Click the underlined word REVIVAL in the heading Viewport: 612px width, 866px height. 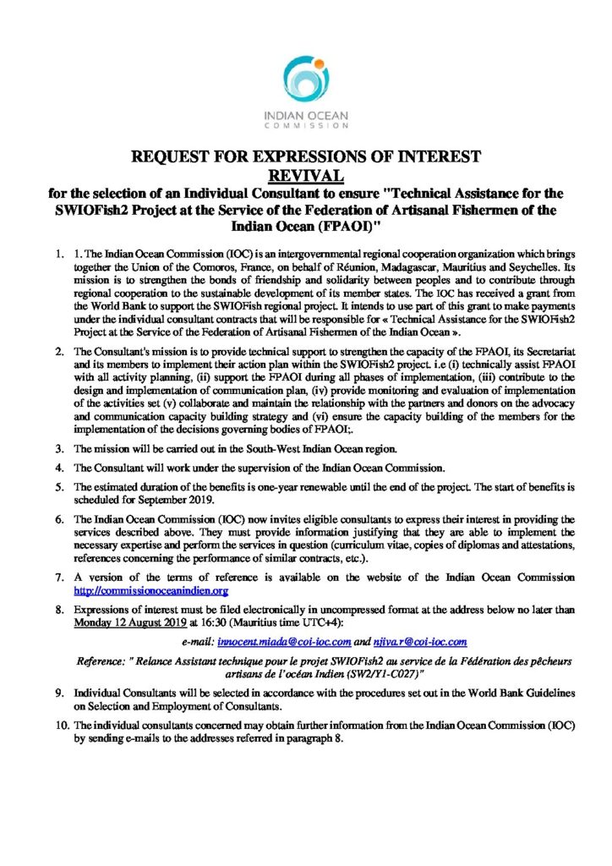click(305, 175)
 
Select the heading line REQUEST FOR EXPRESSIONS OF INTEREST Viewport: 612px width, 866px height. click(305, 156)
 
